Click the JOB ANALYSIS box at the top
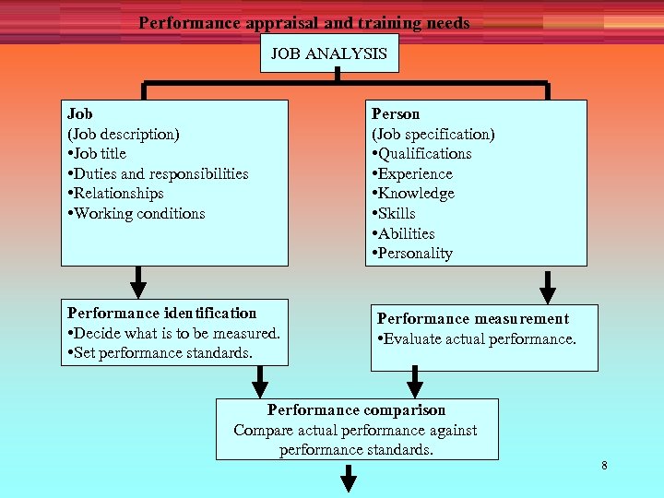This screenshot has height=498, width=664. [x=329, y=53]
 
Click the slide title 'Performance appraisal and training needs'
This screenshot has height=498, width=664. [x=304, y=23]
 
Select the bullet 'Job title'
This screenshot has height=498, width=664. [x=97, y=154]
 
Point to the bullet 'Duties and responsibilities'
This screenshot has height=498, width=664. [x=158, y=173]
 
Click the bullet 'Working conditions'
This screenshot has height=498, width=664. [x=136, y=213]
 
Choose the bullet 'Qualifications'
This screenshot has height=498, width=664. [x=421, y=154]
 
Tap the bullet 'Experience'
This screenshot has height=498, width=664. [x=412, y=173]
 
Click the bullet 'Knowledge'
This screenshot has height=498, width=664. [x=413, y=194]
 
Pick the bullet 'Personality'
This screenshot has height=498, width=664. [x=412, y=254]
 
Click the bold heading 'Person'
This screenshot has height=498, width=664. [x=396, y=113]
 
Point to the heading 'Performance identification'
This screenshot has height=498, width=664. [x=162, y=314]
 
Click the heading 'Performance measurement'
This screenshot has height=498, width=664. [x=473, y=319]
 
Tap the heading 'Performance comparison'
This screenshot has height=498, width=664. [x=357, y=410]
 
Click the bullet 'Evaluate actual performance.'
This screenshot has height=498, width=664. [x=477, y=339]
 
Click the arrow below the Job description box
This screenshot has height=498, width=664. [x=138, y=279]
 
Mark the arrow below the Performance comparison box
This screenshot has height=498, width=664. [x=350, y=479]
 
